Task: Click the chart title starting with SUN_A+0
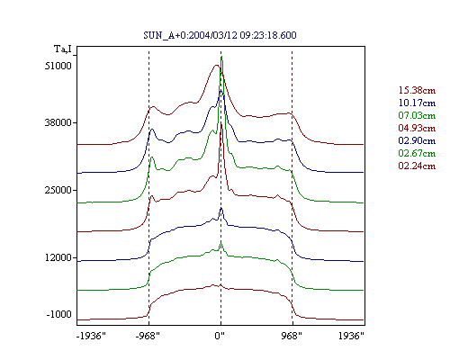(220, 35)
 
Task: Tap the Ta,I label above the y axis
(63, 49)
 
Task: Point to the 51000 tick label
(58, 66)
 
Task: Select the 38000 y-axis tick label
(58, 122)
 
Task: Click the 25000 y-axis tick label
(58, 190)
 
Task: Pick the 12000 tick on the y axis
(58, 257)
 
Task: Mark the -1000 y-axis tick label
(59, 314)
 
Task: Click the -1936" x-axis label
(91, 336)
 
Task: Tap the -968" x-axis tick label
(148, 336)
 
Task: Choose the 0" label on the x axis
(220, 336)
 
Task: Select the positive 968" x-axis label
(292, 336)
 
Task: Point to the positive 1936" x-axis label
(351, 336)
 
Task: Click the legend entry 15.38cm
(417, 90)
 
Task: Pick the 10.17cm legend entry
(417, 103)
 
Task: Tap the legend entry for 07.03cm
(417, 115)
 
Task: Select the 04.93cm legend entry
(417, 128)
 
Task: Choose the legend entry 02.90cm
(417, 140)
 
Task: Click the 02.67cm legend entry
(417, 153)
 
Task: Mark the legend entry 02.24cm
(417, 166)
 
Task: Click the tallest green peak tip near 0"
(221, 57)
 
